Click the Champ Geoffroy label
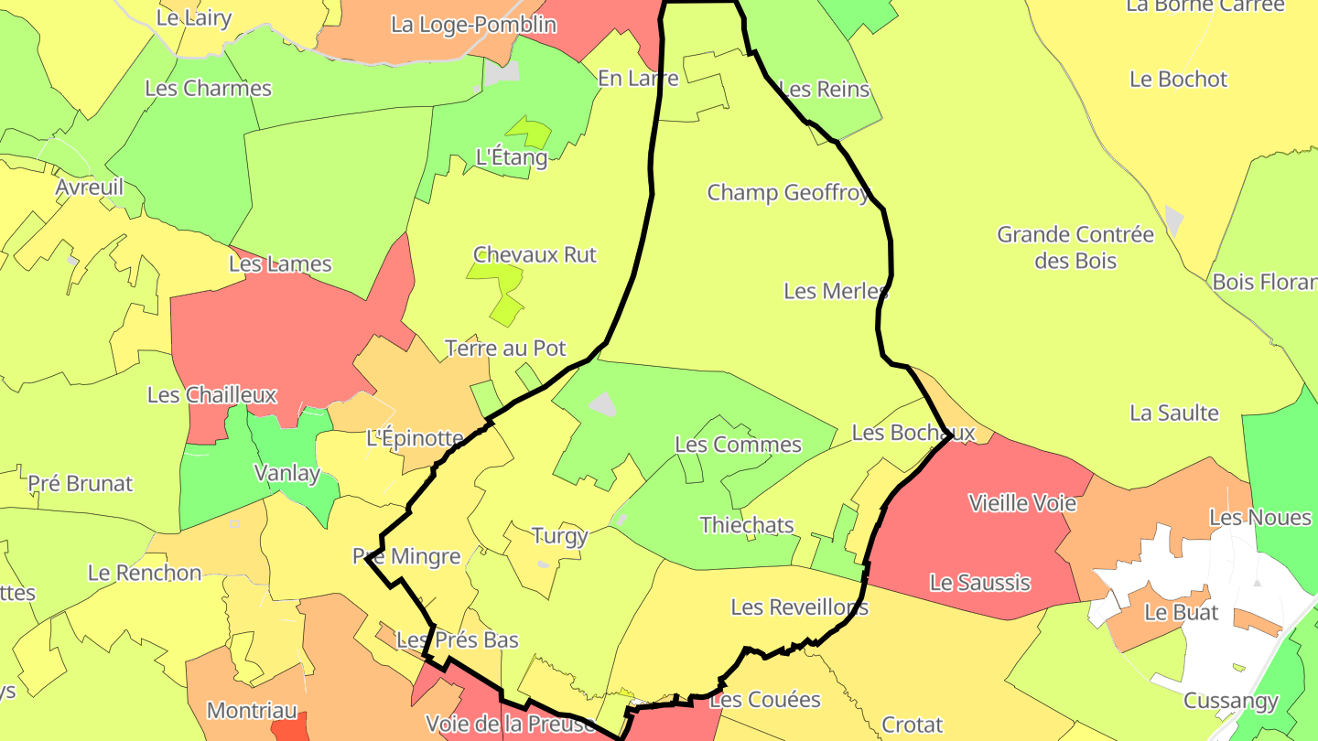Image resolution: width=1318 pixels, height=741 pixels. click(788, 193)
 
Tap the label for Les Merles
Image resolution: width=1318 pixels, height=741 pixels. click(836, 291)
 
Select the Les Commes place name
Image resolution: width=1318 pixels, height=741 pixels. click(738, 445)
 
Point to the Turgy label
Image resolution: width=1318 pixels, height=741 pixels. click(559, 535)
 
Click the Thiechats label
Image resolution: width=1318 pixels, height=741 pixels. click(747, 525)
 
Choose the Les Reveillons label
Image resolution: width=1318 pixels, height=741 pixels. click(799, 607)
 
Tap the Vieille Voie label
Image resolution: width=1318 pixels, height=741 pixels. click(1022, 503)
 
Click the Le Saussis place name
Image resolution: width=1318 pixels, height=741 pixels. click(979, 582)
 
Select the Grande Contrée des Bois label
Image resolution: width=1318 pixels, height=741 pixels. click(1075, 248)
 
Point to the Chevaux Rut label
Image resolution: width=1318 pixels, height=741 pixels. click(535, 254)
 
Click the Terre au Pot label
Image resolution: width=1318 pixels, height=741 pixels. click(505, 349)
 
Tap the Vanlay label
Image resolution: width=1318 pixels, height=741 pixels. click(286, 473)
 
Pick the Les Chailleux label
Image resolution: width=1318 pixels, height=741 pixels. click(211, 395)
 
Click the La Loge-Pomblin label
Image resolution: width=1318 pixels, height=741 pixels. click(473, 25)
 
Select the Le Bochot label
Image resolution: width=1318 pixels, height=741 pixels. click(1178, 80)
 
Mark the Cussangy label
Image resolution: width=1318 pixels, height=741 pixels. click(1230, 702)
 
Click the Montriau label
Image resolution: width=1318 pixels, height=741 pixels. click(252, 711)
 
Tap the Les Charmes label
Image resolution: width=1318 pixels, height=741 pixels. click(208, 89)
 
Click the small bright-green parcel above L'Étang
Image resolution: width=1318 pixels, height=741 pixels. click(531, 131)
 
